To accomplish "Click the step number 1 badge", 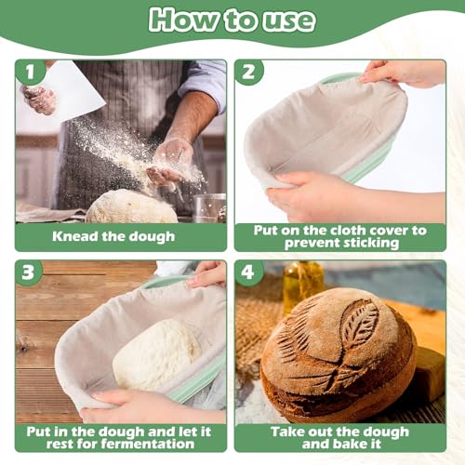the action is [30, 72].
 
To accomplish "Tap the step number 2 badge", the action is [248, 72].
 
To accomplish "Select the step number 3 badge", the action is [29, 272].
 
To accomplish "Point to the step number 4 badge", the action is [248, 272].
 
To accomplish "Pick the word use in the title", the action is [289, 21].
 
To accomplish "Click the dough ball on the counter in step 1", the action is [132, 206].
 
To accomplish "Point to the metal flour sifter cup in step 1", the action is [209, 208].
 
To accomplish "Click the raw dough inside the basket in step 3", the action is [156, 354].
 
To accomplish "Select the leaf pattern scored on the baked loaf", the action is [360, 322].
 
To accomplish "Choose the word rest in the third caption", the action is [60, 444].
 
